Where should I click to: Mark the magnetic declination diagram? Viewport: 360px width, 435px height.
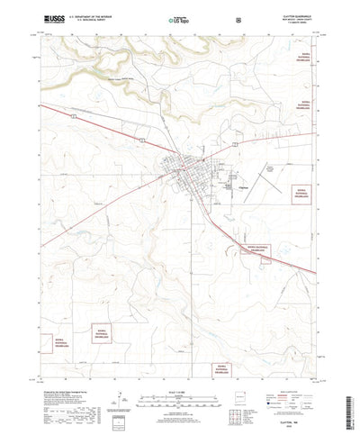[119, 378]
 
